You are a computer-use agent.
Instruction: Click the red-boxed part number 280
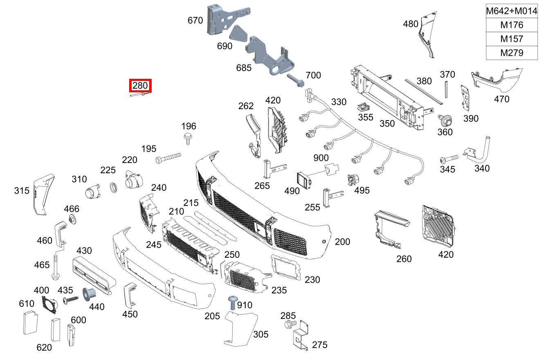pyautogui.click(x=140, y=86)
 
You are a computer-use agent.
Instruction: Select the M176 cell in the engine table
pyautogui.click(x=511, y=25)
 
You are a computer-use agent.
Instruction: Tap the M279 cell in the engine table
pyautogui.click(x=511, y=53)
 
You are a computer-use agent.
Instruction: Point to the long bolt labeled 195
pyautogui.click(x=168, y=158)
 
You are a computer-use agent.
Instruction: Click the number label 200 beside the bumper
pyautogui.click(x=342, y=242)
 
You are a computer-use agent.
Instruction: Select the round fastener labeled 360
pyautogui.click(x=445, y=121)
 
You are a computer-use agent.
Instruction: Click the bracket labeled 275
pyautogui.click(x=302, y=336)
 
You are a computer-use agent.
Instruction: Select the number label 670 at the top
pyautogui.click(x=195, y=20)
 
